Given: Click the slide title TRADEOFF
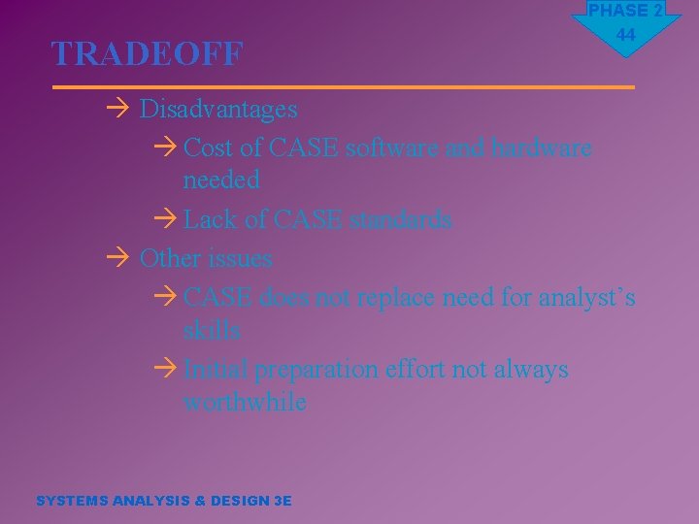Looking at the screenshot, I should [x=147, y=54].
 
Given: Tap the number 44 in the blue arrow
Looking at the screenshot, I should [x=625, y=36].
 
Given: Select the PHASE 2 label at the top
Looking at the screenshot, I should [x=625, y=11].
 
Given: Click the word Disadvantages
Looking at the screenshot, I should [x=218, y=109].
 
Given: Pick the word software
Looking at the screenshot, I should [x=391, y=147].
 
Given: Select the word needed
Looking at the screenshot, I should [x=221, y=180].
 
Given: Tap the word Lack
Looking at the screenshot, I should [x=210, y=219].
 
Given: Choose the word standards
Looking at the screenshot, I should [x=400, y=219].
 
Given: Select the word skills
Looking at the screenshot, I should [x=212, y=330].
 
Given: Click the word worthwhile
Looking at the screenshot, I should [x=245, y=402].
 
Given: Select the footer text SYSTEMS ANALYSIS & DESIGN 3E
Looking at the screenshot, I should [x=163, y=501].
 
